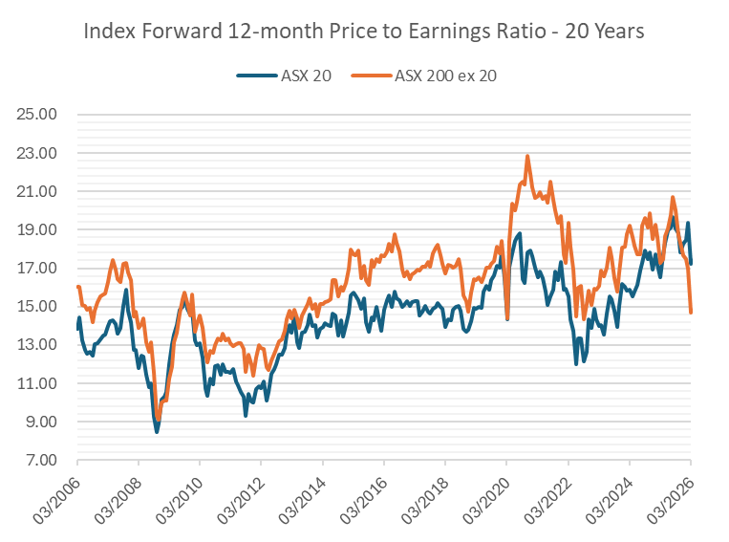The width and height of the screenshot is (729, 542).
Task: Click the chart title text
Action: [364, 32]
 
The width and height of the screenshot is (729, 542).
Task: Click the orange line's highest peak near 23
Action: [527, 156]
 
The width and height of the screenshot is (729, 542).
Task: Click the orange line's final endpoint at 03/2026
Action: [691, 312]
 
